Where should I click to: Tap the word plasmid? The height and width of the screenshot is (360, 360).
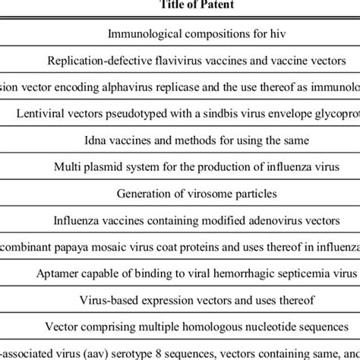[x=106, y=167]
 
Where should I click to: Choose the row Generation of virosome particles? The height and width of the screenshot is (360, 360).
[x=180, y=194]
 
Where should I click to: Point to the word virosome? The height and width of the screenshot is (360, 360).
[x=193, y=194]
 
